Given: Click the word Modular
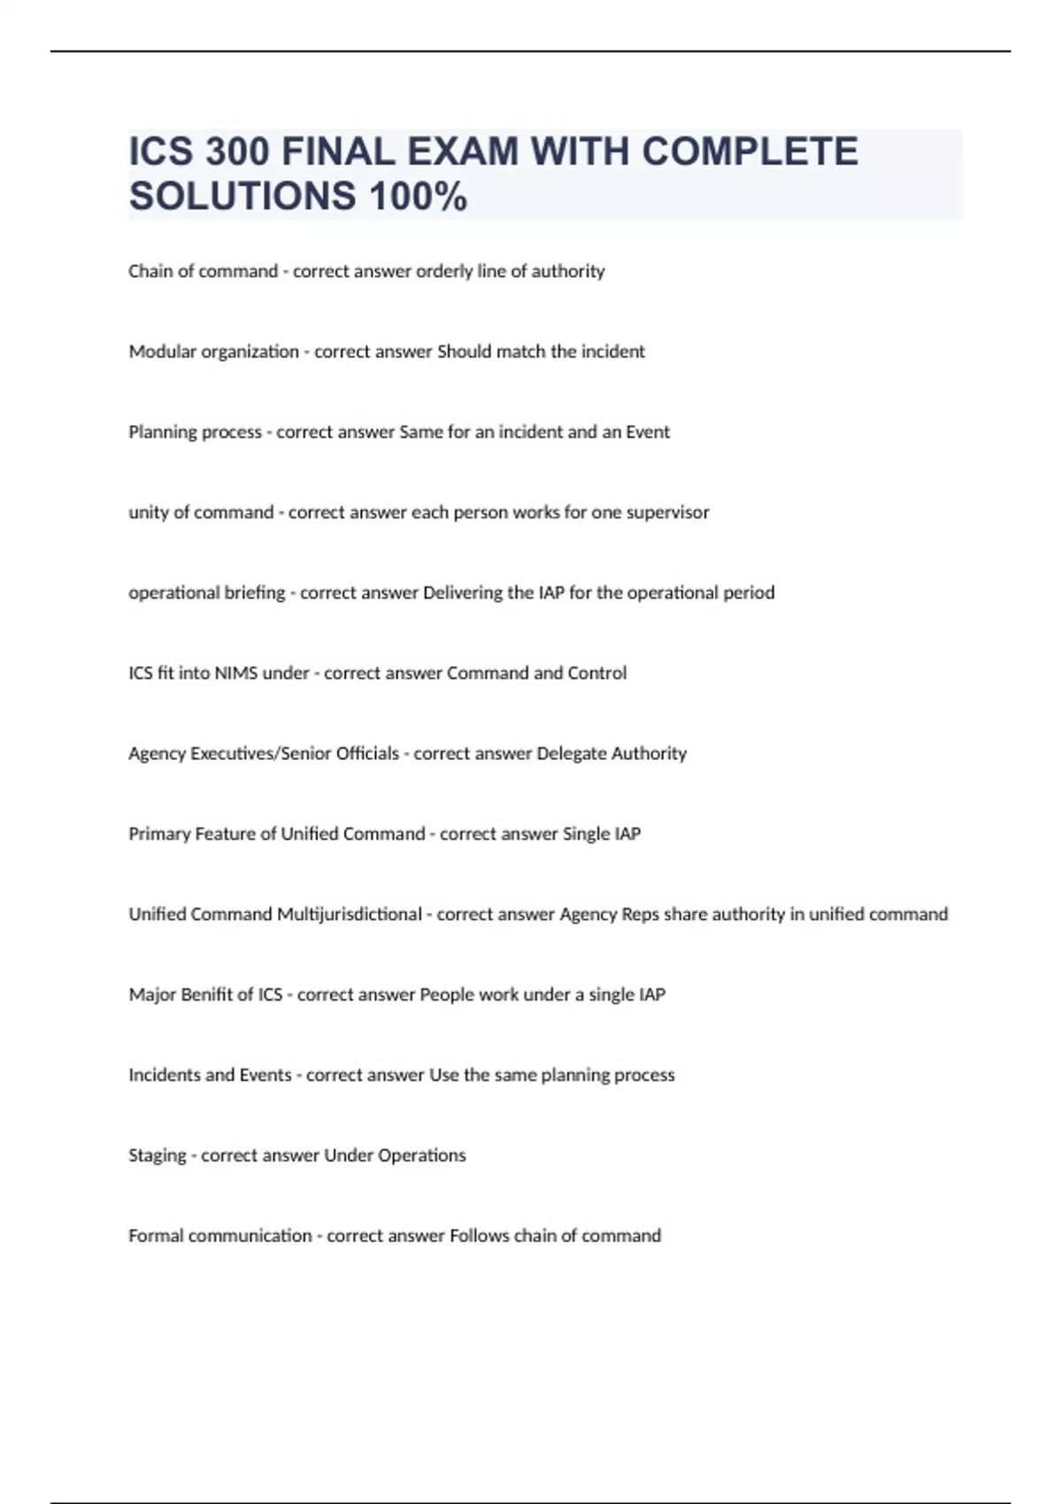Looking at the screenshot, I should click(162, 352).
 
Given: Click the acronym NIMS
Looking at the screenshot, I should click(236, 673).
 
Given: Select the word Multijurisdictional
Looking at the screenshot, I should click(349, 915).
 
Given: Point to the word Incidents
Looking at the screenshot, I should click(165, 1075).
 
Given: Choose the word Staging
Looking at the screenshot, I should click(157, 1156).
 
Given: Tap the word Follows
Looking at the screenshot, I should click(479, 1236).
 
